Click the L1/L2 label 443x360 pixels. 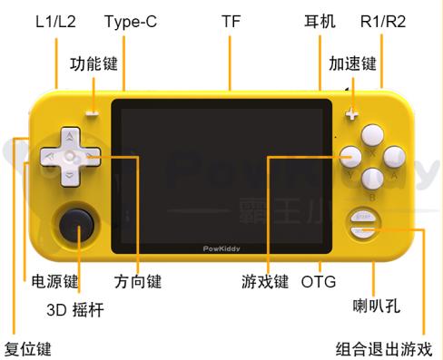pos(55,20)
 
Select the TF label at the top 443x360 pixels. pos(232,20)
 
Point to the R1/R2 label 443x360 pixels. pos(383,20)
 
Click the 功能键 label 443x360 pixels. pos(95,63)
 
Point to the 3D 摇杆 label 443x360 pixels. pos(74,310)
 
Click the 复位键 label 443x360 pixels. pos(28,348)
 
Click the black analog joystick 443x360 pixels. pos(75,222)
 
